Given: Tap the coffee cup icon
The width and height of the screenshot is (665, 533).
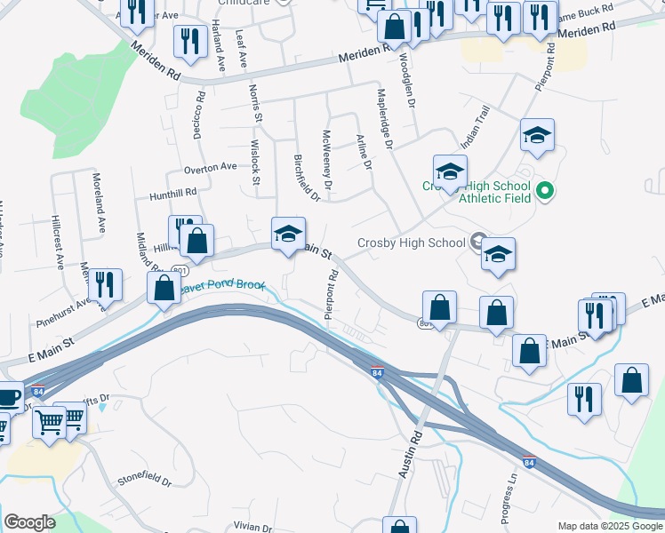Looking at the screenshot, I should (x=8, y=396).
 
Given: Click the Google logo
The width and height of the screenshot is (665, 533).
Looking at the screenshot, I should (x=29, y=522).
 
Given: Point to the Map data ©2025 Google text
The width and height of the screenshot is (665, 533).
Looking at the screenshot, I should (x=611, y=526).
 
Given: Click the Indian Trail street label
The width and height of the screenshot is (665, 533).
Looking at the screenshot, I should (x=475, y=129).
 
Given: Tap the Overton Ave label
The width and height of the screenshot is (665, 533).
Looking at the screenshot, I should (x=210, y=166).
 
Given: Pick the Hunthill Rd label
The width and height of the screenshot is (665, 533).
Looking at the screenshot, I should (x=172, y=191).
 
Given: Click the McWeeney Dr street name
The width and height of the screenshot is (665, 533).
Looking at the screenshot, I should (x=327, y=160).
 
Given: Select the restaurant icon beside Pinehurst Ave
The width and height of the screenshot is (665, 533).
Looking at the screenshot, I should (x=105, y=284).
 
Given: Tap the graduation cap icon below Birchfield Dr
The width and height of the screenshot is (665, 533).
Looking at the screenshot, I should (x=288, y=235).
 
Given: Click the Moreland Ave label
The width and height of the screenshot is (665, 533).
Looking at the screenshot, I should (x=100, y=213).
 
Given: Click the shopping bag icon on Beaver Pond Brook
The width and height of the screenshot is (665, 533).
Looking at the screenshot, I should (x=164, y=288).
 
